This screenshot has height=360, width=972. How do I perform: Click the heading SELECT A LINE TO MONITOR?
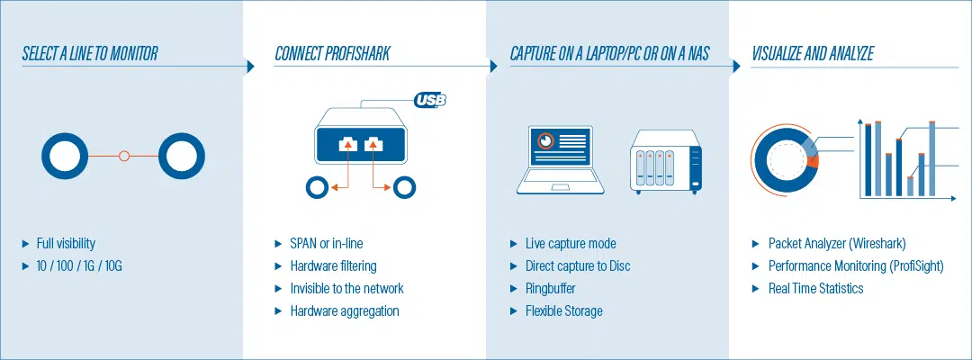pyautogui.click(x=90, y=53)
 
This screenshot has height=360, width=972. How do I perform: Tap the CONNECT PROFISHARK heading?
pyautogui.click(x=332, y=53)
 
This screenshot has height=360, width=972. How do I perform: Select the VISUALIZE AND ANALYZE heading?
pyautogui.click(x=813, y=53)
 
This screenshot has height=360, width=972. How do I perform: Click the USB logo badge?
pyautogui.click(x=429, y=99)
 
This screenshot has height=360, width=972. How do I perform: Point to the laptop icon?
pyautogui.click(x=561, y=160)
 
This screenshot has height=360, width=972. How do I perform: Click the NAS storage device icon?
pyautogui.click(x=668, y=162)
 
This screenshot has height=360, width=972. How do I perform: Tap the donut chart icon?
pyautogui.click(x=786, y=159)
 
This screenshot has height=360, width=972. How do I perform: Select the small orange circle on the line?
pyautogui.click(x=124, y=156)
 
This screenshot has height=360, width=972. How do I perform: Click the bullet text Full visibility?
pyautogui.click(x=66, y=244)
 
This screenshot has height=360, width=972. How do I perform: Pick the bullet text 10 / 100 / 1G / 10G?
pyautogui.click(x=80, y=266)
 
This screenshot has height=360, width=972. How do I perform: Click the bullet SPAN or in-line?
pyautogui.click(x=326, y=244)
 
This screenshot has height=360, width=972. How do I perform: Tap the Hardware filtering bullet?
pyautogui.click(x=334, y=266)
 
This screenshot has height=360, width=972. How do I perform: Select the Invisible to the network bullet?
pyautogui.click(x=346, y=289)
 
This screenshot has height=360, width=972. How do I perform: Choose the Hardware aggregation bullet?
pyautogui.click(x=345, y=311)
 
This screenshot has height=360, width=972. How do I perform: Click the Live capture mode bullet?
pyautogui.click(x=571, y=244)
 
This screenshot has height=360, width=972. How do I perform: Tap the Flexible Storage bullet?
pyautogui.click(x=564, y=311)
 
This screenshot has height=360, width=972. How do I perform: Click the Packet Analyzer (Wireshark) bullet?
pyautogui.click(x=837, y=244)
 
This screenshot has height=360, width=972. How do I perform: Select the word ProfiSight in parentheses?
pyautogui.click(x=916, y=266)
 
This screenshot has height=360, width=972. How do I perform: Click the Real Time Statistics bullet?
pyautogui.click(x=815, y=289)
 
